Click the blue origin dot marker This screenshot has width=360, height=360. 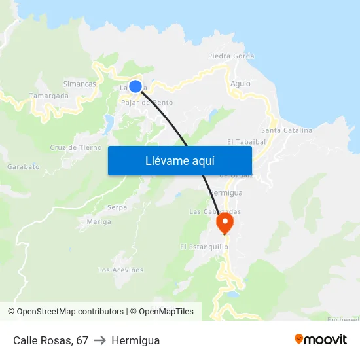click(135, 86)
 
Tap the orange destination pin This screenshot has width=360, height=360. click(225, 222)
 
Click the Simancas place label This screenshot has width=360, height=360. click(79, 84)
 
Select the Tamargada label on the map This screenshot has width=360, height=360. click(49, 96)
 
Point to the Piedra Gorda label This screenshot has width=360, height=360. click(231, 56)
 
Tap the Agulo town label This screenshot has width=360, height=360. click(240, 84)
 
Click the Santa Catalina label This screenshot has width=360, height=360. click(287, 130)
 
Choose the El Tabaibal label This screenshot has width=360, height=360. click(245, 141)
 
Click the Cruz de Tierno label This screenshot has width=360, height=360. click(76, 148)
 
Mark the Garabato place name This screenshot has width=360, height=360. click(24, 167)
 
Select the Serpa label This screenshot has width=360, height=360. click(117, 207)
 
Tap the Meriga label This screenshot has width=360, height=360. click(99, 222)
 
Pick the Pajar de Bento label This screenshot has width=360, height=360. click(147, 103)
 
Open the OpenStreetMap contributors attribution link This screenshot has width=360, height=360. click(65, 312)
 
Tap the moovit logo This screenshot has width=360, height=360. click(320, 340)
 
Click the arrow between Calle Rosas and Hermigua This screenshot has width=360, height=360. click(100, 340)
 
